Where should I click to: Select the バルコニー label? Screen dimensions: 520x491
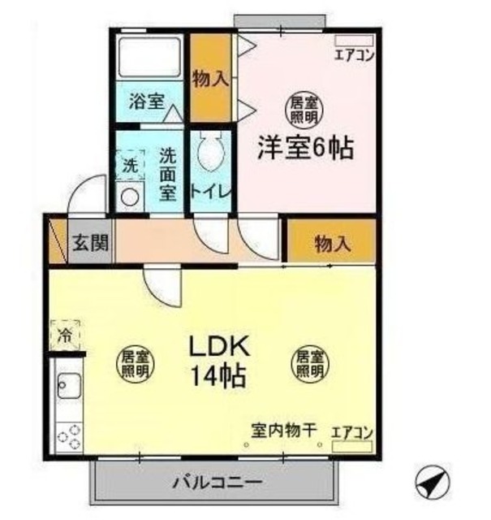coord(217,483)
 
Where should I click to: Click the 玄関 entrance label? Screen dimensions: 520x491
coord(90,242)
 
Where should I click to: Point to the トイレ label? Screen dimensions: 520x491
coord(212,193)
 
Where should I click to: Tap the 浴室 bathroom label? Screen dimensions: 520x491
coord(146,102)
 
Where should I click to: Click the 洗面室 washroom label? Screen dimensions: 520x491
coord(168,172)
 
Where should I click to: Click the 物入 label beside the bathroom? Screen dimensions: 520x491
coord(209,79)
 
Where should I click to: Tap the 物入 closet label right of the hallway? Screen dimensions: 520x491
coord(331,243)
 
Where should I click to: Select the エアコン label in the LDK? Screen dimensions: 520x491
coord(353,432)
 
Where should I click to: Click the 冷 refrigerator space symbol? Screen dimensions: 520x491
coord(65,334)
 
